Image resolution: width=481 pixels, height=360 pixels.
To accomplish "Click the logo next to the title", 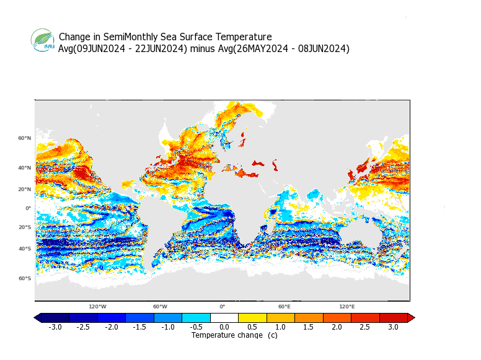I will click(43, 41).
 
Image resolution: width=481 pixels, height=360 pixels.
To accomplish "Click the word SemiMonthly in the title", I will click(131, 37).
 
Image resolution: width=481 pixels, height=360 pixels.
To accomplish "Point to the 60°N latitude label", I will click(24, 138).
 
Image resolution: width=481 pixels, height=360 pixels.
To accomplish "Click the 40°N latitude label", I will click(24, 168).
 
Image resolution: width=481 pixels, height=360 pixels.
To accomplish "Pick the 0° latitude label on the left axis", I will click(28, 208).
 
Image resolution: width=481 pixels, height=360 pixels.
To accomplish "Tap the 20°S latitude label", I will click(24, 227).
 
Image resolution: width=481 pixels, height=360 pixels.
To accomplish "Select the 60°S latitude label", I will click(24, 278).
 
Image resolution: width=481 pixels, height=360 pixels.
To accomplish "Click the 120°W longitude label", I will click(97, 307).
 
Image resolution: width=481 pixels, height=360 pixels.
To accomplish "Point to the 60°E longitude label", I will click(285, 307).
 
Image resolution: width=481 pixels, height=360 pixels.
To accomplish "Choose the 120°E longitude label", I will click(346, 307).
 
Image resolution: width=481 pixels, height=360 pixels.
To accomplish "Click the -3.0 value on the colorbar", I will click(55, 327).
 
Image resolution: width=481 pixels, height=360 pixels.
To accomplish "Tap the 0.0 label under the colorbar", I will click(224, 327).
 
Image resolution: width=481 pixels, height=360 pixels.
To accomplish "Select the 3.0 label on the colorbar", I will click(393, 327).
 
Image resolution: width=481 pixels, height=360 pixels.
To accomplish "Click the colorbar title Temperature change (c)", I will click(234, 335).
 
